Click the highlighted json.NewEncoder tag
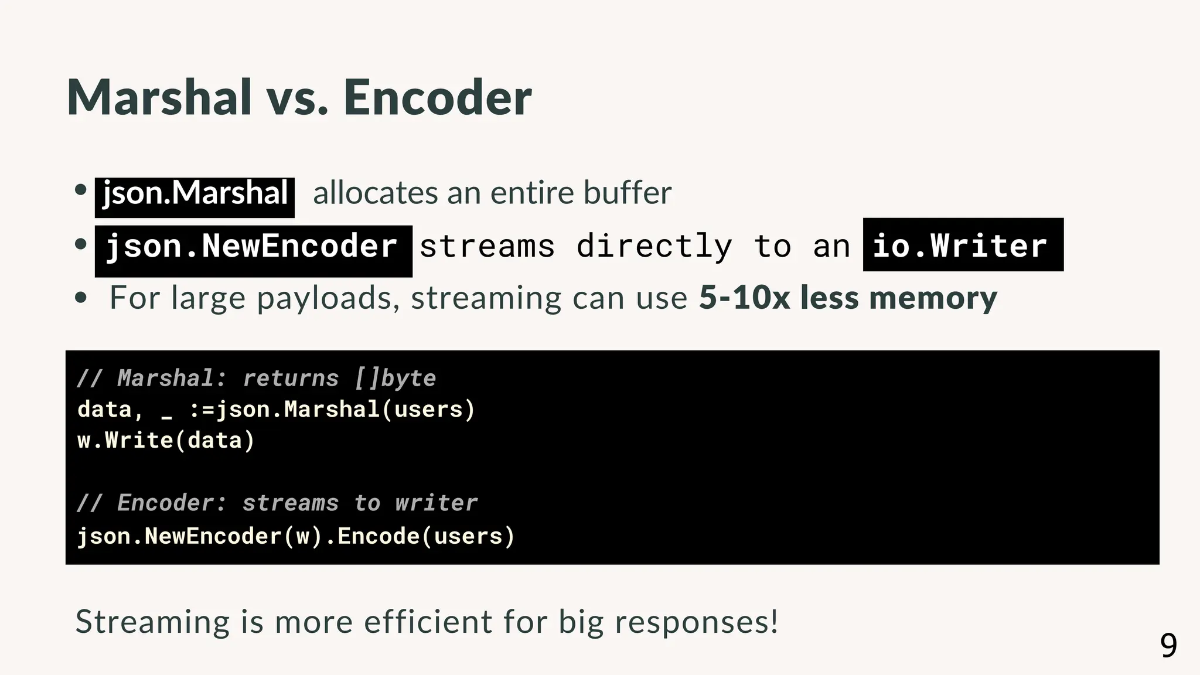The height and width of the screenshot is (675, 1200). click(x=253, y=246)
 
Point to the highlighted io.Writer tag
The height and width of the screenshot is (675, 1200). click(x=962, y=245)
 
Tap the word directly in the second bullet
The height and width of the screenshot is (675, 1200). click(x=654, y=246)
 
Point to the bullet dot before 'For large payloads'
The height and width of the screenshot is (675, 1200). click(x=81, y=298)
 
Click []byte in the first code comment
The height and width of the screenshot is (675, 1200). click(x=396, y=378)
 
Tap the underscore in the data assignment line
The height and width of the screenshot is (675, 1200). click(x=166, y=413)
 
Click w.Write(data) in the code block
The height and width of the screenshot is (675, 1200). click(x=166, y=440)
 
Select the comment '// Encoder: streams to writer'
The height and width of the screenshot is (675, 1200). click(x=277, y=503)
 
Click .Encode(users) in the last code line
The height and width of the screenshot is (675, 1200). click(x=420, y=536)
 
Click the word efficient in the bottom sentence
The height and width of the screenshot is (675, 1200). click(x=428, y=621)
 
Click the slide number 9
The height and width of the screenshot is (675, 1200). click(x=1168, y=646)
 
